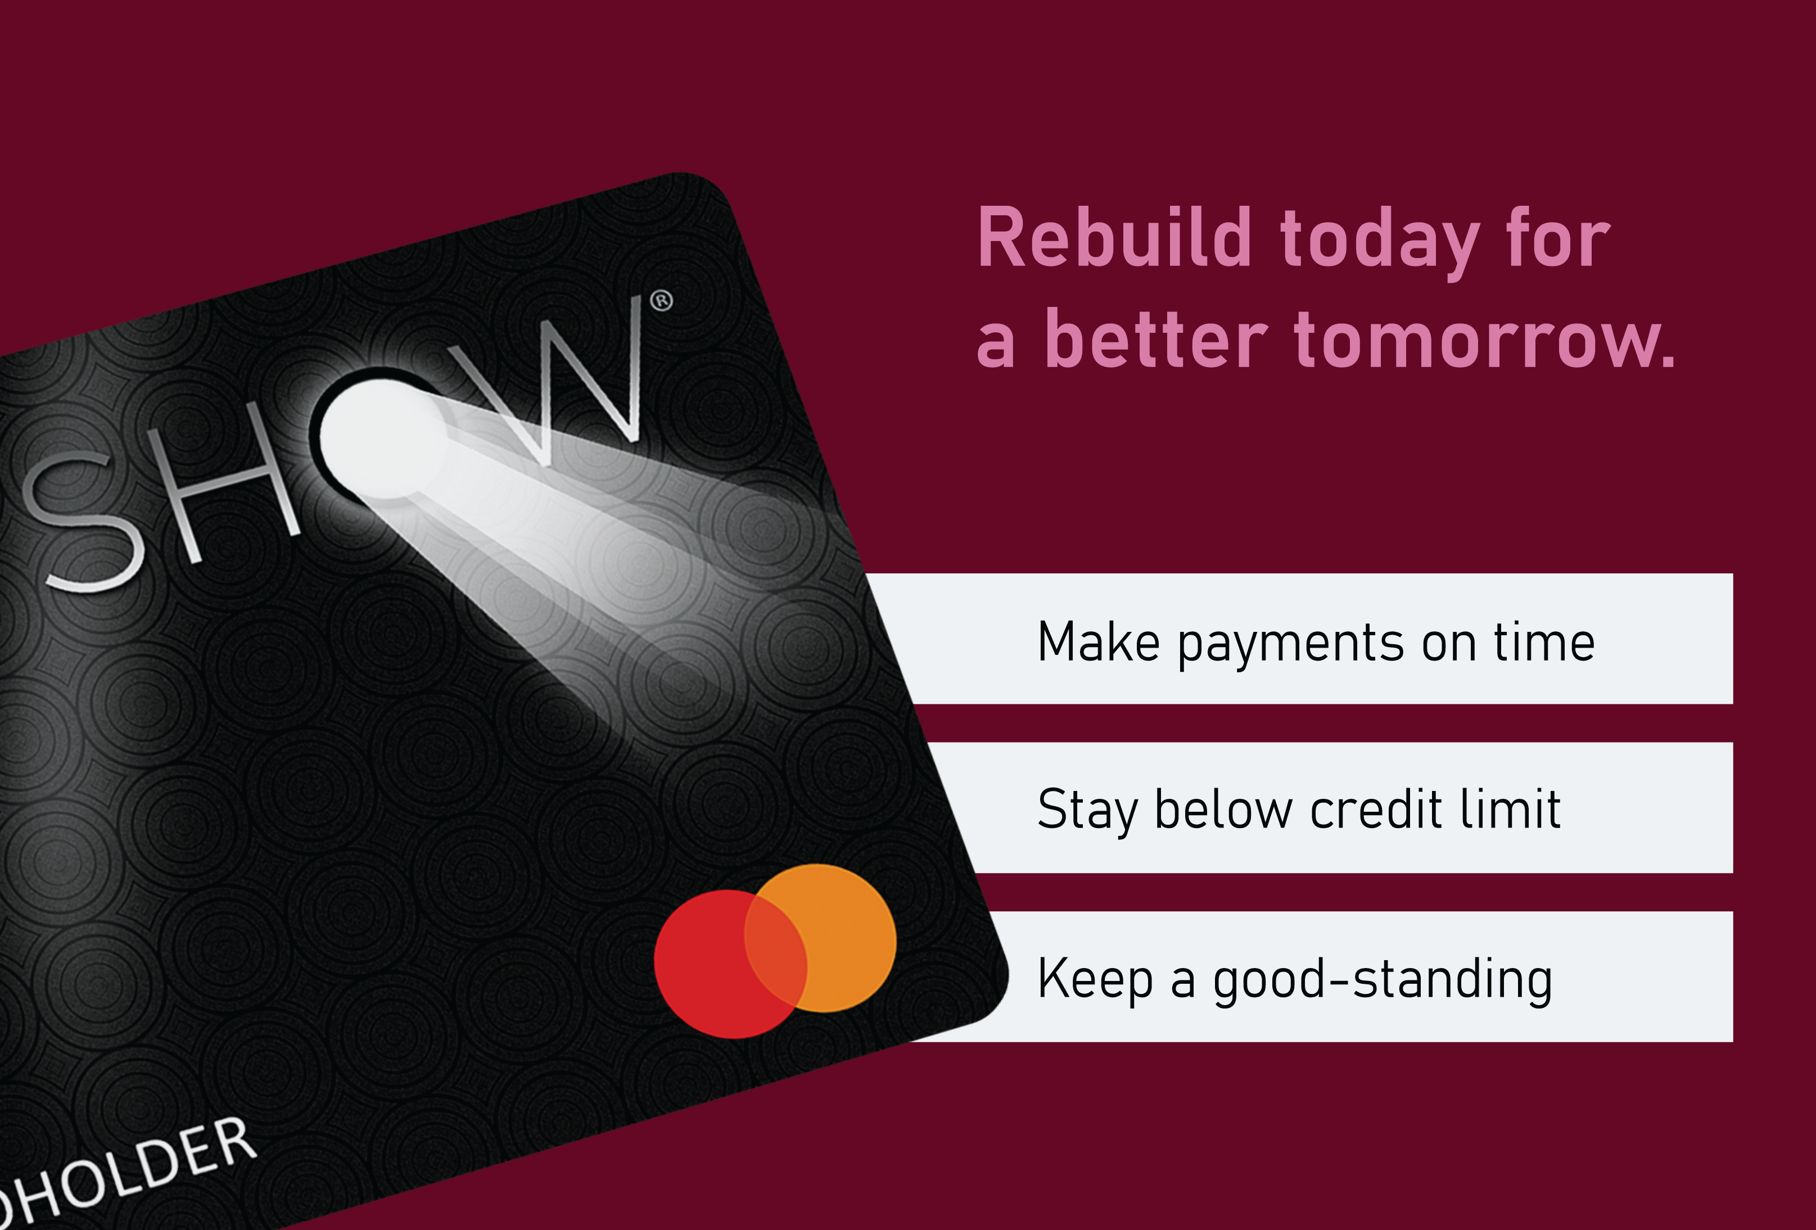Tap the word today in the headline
tap(1379, 241)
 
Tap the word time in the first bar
tap(1544, 643)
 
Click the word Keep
tap(1095, 978)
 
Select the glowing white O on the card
tap(383, 437)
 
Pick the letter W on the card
tap(575, 383)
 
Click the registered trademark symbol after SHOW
tap(661, 301)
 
